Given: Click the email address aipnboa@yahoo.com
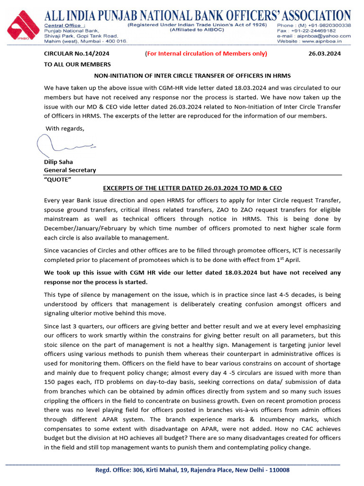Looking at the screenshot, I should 327,36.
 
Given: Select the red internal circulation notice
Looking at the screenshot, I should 206,54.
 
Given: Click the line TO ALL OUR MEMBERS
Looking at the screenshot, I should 77,64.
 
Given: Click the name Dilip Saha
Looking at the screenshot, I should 58,162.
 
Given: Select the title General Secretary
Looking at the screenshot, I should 70,170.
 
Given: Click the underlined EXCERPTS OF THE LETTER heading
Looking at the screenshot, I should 192,188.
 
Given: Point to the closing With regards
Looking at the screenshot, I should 65,129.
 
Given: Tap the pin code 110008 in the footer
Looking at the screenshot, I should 279,470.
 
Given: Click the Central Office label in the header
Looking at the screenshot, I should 64,25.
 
